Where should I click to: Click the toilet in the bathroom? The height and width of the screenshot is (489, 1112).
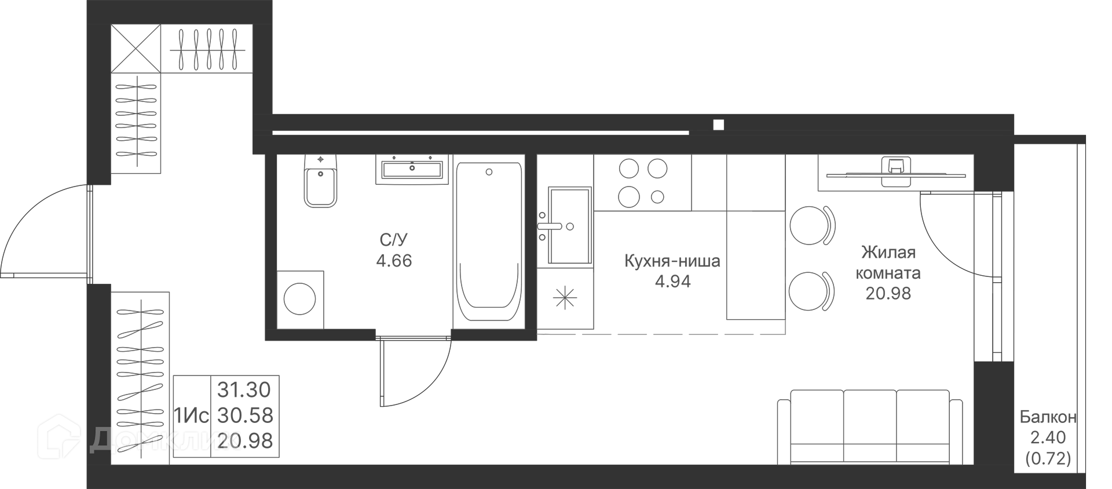click(x=320, y=181)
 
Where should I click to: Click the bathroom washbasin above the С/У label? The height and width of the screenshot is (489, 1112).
click(x=412, y=169)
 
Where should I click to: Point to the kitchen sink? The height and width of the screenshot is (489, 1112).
click(x=569, y=225)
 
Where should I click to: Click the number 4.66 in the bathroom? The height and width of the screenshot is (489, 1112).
click(x=394, y=261)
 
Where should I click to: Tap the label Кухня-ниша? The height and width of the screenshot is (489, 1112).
click(x=672, y=261)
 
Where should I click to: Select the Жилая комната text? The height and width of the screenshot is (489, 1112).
click(x=888, y=262)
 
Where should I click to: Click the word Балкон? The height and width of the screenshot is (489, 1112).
click(x=1048, y=417)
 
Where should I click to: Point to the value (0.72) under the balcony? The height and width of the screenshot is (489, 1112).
click(x=1048, y=459)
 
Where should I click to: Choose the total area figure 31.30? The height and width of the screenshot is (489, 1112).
click(x=244, y=390)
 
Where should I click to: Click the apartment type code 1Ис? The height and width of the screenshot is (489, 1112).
click(x=191, y=415)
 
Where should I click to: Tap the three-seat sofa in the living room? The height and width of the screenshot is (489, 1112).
click(x=869, y=427)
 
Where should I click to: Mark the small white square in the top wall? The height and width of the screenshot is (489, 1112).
click(x=719, y=124)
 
